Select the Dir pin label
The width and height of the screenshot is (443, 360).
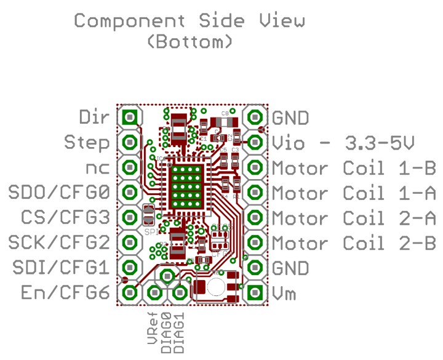(95, 116)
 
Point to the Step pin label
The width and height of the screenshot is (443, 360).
(87, 142)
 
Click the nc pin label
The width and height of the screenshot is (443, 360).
(98, 167)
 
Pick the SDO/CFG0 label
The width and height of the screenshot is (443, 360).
(60, 193)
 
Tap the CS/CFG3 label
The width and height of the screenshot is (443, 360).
(65, 218)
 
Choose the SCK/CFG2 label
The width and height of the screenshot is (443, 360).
(60, 243)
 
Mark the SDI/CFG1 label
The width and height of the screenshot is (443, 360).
(60, 268)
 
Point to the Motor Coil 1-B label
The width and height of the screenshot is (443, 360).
(354, 167)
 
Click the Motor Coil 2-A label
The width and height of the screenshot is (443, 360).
(354, 218)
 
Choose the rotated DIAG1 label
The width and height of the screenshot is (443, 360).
(179, 332)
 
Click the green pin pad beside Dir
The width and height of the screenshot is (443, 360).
(130, 116)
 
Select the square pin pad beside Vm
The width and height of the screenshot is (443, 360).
(254, 292)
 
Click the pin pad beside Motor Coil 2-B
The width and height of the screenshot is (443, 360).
(254, 242)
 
